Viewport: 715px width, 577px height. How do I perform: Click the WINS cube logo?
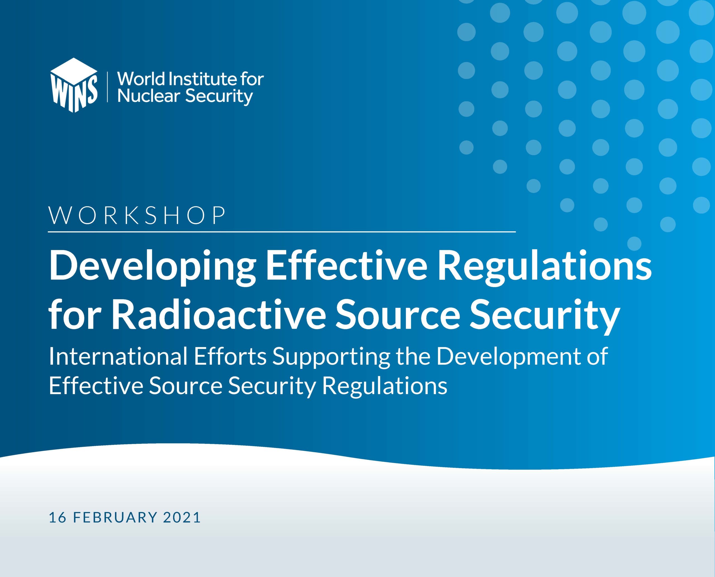coord(73,85)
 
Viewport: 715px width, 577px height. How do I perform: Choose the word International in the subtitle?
coord(118,356)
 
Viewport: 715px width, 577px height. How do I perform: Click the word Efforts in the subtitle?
coord(230,356)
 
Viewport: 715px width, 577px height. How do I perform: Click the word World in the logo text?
coord(141,79)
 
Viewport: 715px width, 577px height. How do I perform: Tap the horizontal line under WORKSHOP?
coord(282,231)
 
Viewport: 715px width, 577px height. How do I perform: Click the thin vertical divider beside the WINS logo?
coord(107,86)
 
